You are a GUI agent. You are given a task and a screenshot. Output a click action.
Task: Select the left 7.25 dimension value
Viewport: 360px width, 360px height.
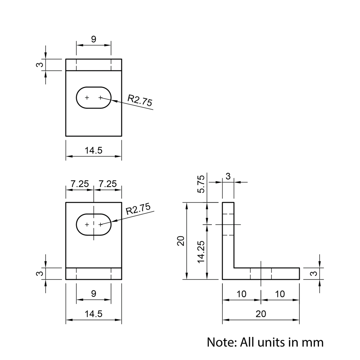(x=80, y=184)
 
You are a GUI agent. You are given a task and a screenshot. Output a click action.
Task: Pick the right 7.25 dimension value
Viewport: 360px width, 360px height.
(x=108, y=184)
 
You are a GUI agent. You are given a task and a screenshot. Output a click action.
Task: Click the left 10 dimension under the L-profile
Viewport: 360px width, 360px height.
(x=242, y=294)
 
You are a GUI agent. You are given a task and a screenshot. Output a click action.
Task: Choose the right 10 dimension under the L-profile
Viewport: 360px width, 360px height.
(x=280, y=294)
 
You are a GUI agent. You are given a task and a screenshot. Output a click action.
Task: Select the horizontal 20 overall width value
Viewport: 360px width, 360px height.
(x=261, y=314)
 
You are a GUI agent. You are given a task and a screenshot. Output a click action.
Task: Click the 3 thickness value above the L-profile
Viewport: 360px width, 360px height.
(x=228, y=176)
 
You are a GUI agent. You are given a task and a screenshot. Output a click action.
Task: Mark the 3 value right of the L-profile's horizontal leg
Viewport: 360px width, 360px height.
(x=314, y=274)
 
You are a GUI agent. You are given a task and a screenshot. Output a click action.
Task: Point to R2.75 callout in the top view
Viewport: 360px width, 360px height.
(x=140, y=100)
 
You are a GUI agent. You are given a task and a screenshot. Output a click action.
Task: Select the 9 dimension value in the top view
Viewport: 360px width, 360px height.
(x=94, y=40)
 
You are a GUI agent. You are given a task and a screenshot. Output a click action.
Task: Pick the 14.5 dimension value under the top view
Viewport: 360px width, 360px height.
(x=94, y=150)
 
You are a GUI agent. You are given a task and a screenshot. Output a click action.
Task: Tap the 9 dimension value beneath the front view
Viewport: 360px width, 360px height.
(x=94, y=294)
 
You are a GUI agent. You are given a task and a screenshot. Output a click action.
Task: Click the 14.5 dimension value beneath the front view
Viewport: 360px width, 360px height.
(x=94, y=314)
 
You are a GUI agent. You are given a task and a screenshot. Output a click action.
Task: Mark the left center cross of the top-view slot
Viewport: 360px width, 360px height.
(x=87, y=98)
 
